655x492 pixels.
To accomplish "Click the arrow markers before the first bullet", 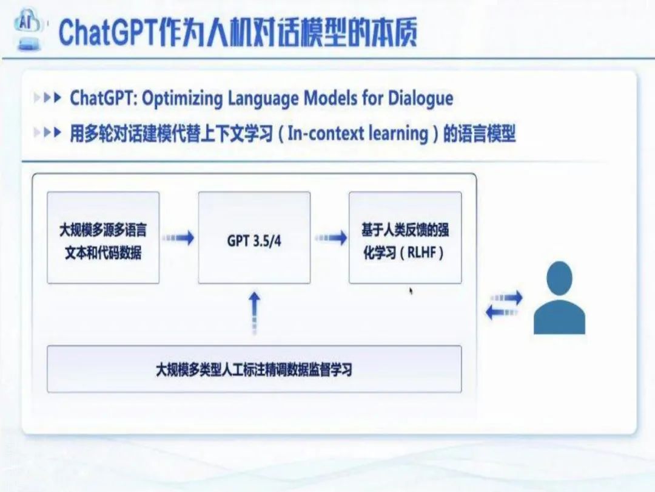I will pyautogui.click(x=49, y=98).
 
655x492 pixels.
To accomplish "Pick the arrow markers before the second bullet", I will pyautogui.click(x=49, y=133).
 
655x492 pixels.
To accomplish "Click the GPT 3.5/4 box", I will pyautogui.click(x=254, y=237).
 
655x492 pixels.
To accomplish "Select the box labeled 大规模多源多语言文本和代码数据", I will pyautogui.click(x=103, y=237).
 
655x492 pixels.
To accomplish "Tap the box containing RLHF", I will pyautogui.click(x=405, y=237).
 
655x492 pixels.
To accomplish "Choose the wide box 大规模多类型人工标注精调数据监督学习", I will pyautogui.click(x=254, y=369).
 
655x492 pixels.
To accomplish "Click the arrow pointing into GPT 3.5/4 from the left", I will pyautogui.click(x=178, y=238).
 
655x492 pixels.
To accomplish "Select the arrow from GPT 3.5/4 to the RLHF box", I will pyautogui.click(x=330, y=238).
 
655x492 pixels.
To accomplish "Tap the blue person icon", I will pyautogui.click(x=559, y=301).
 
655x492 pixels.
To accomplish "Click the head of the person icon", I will pyautogui.click(x=559, y=278).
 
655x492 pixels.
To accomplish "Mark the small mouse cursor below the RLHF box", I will pyautogui.click(x=411, y=291).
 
